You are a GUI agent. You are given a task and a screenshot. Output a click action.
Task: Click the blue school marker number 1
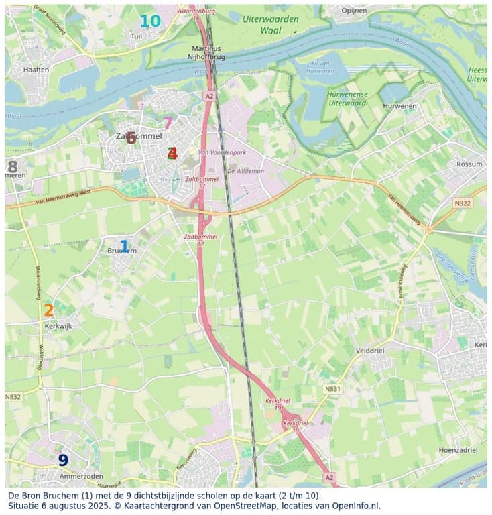click(x=123, y=247)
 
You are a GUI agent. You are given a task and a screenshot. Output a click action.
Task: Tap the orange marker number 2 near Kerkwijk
click(x=48, y=310)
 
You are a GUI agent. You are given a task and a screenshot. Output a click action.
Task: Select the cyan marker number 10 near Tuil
click(x=150, y=21)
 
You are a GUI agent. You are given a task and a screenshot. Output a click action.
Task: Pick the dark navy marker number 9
click(x=63, y=460)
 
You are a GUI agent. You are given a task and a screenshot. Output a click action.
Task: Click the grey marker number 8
click(x=12, y=166)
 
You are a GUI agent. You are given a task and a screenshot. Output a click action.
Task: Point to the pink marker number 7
click(x=168, y=123)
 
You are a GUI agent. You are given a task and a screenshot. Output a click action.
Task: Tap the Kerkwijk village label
click(x=58, y=325)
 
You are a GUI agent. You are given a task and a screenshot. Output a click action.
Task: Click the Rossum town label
click(x=469, y=164)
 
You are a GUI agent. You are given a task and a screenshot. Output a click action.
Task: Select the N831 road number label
click(x=332, y=388)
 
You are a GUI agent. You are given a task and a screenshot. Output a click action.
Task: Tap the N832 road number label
click(x=13, y=397)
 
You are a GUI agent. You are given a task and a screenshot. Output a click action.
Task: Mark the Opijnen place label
click(x=355, y=11)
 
